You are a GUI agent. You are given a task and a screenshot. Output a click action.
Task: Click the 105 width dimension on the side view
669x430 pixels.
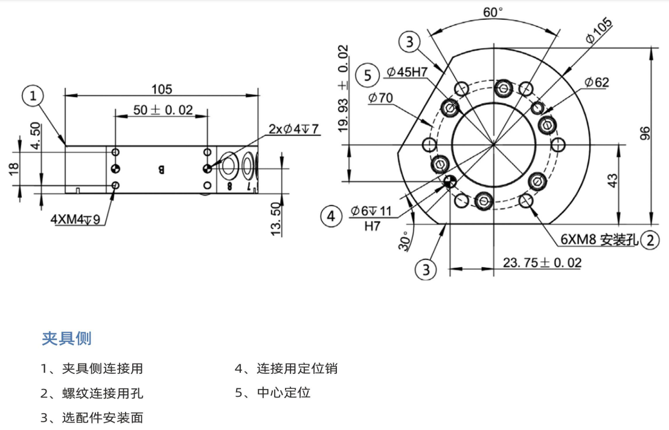[x=161, y=89]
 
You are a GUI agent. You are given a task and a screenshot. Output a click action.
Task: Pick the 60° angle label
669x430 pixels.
[x=493, y=12]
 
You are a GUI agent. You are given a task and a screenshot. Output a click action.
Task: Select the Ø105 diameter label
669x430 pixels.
[x=598, y=30]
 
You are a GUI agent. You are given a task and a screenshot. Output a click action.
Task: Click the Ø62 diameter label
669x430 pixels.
[x=597, y=83]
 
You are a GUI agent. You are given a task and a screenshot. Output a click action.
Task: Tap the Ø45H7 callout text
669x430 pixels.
[x=407, y=72]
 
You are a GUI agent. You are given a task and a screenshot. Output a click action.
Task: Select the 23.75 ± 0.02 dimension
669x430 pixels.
[x=542, y=262]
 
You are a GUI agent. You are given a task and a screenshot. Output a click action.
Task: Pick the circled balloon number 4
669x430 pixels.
[x=331, y=215]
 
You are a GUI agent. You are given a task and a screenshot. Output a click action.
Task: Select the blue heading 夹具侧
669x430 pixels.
[x=66, y=338]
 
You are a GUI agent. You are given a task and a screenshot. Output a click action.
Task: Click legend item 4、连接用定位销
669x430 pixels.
[x=286, y=368]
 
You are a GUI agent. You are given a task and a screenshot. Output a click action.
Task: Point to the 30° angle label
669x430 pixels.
[x=404, y=240]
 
